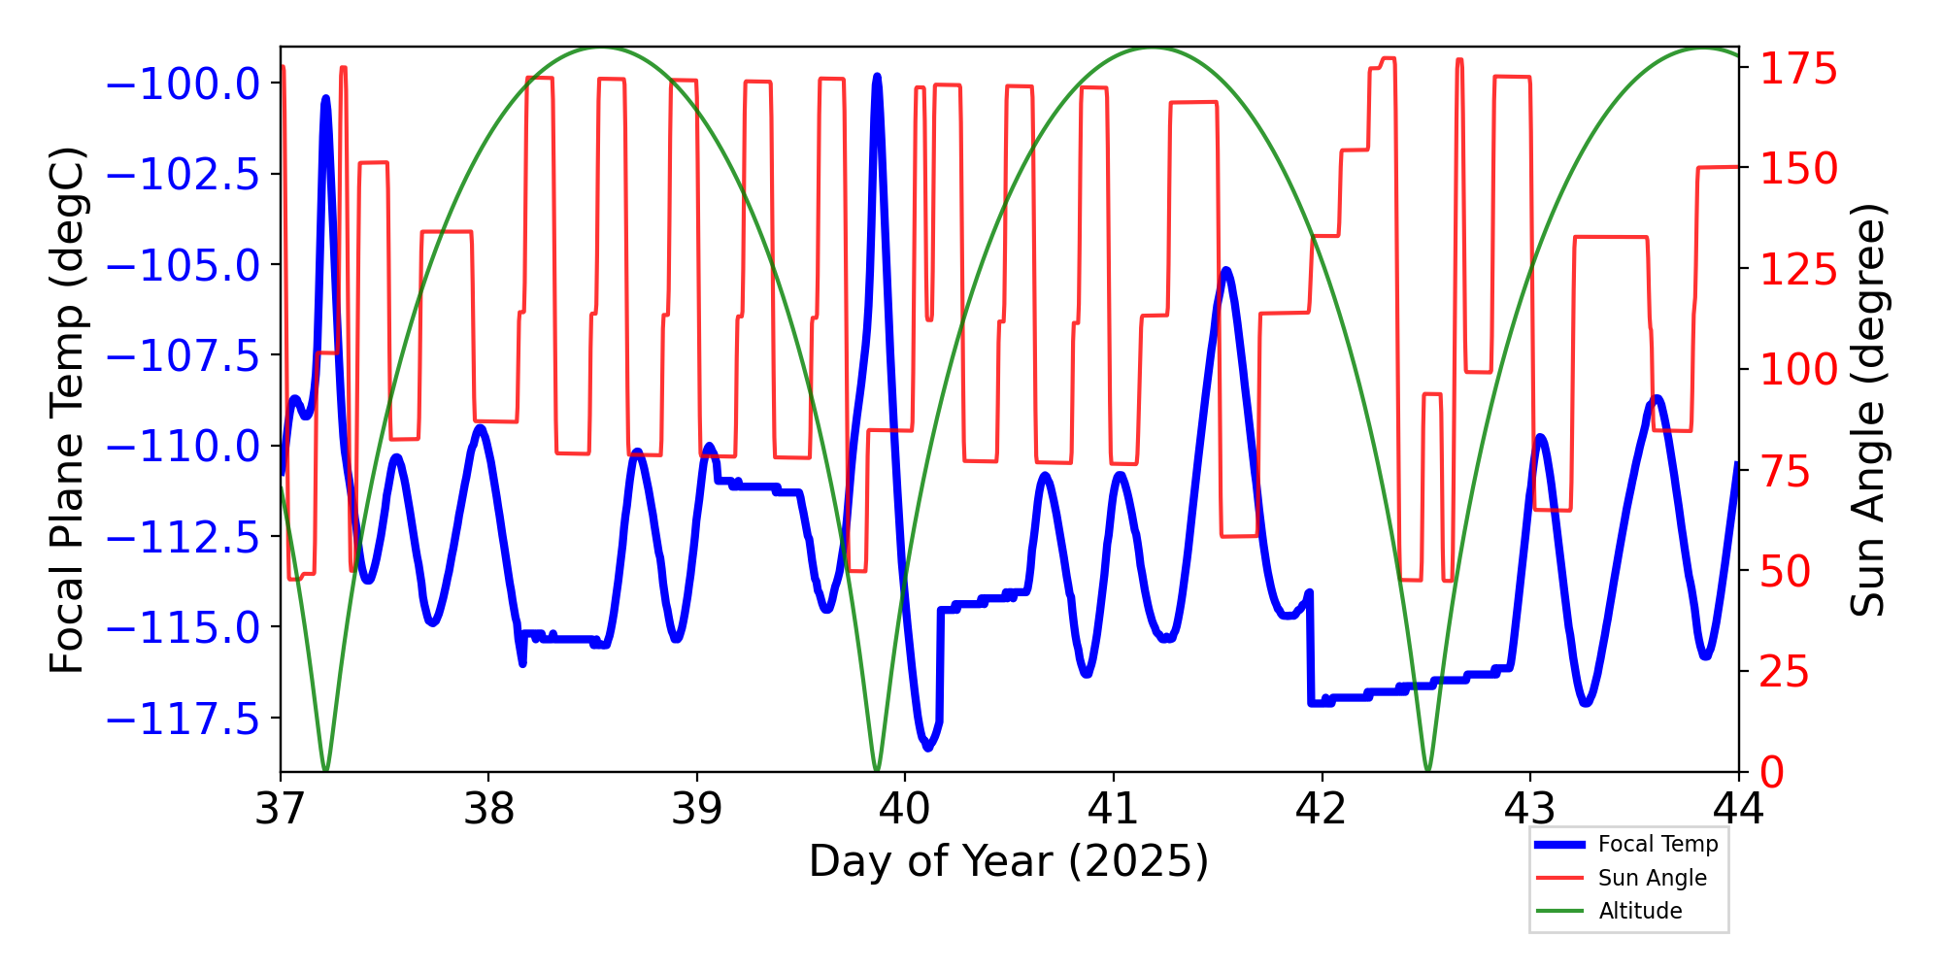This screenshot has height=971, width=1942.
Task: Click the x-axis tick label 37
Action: pyautogui.click(x=281, y=808)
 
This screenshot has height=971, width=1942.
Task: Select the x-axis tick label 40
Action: pyautogui.click(x=905, y=808)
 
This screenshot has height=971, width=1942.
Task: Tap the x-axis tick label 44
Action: pyautogui.click(x=1738, y=808)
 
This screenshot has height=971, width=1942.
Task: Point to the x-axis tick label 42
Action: pyautogui.click(x=1322, y=808)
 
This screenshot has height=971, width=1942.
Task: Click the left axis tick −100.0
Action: pyautogui.click(x=183, y=84)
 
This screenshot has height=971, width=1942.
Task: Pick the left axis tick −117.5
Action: pyautogui.click(x=183, y=719)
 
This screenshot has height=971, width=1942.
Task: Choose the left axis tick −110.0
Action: pyautogui.click(x=183, y=447)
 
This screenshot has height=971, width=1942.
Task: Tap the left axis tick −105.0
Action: pyautogui.click(x=183, y=265)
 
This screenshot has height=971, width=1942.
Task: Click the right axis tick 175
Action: pyautogui.click(x=1799, y=70)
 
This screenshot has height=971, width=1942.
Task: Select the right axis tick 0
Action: pyautogui.click(x=1772, y=773)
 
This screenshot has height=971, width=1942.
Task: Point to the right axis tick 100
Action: pyautogui.click(x=1799, y=370)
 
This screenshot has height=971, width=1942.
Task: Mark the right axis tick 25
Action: pyautogui.click(x=1787, y=672)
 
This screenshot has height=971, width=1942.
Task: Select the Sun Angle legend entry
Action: pyautogui.click(x=1652, y=878)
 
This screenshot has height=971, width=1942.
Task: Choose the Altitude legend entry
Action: pyautogui.click(x=1640, y=911)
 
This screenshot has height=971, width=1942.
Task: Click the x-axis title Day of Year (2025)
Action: pyautogui.click(x=1009, y=861)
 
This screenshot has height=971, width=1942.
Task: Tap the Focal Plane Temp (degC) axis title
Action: pyautogui.click(x=67, y=410)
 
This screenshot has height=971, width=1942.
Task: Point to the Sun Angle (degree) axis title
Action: pyautogui.click(x=1866, y=410)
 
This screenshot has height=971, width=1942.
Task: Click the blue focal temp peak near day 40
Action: pyautogui.click(x=877, y=77)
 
